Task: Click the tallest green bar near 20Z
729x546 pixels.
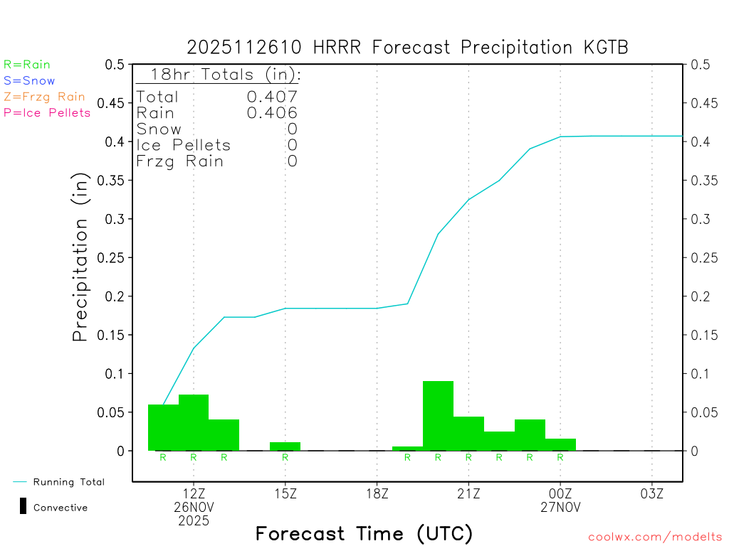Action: (x=438, y=416)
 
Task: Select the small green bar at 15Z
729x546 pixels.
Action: (x=285, y=446)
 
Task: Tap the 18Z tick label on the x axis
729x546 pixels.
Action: (x=377, y=493)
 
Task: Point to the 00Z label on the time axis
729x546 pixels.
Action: (x=560, y=493)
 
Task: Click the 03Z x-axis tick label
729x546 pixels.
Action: (x=652, y=493)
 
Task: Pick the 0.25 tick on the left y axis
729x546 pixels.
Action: (x=114, y=257)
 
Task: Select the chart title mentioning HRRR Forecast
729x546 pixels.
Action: (x=407, y=47)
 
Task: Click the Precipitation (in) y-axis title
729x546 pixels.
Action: (x=81, y=257)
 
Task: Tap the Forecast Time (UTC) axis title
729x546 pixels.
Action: (x=364, y=533)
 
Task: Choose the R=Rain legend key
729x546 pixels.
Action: (x=27, y=65)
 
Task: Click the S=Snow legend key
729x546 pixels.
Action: (x=29, y=81)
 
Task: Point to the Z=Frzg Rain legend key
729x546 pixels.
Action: (x=44, y=97)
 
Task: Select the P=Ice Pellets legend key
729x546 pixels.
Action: (x=47, y=112)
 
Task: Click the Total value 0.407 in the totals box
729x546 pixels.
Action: (x=272, y=97)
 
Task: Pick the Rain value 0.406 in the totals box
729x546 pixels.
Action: (x=272, y=112)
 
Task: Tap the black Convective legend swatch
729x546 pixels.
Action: (x=23, y=507)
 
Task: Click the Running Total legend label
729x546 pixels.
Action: (x=68, y=482)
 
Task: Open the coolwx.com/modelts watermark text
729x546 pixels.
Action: (x=655, y=537)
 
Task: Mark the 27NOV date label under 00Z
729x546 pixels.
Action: (x=560, y=508)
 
